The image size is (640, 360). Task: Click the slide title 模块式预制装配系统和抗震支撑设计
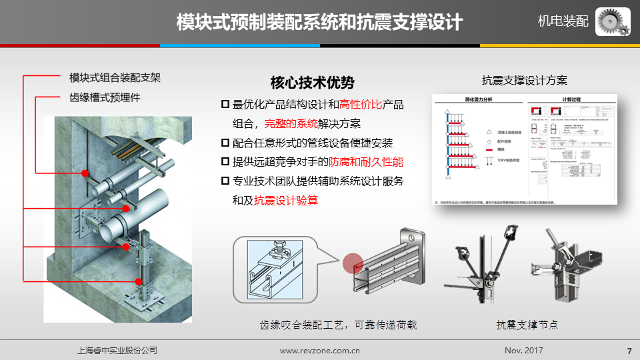(x=319, y=22)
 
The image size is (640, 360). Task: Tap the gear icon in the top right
(x=613, y=21)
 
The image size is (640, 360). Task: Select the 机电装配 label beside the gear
(x=563, y=21)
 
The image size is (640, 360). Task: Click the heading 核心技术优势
(x=312, y=83)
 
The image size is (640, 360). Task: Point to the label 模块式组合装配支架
(x=115, y=77)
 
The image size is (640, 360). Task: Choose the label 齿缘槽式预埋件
(x=105, y=97)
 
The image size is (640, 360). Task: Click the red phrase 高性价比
(x=361, y=105)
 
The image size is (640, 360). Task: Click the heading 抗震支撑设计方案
(x=525, y=81)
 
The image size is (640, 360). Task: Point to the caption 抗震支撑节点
(x=527, y=325)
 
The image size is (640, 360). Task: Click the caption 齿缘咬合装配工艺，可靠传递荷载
(x=338, y=325)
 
